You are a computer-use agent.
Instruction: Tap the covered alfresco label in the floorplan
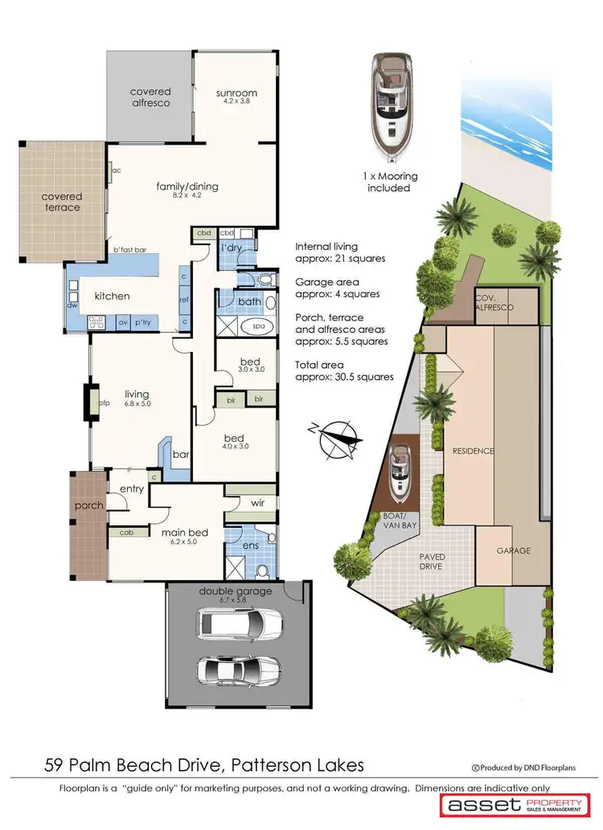150,97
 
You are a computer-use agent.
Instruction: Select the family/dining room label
187,187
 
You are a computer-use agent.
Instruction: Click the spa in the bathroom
259,327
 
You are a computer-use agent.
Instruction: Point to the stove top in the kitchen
98,323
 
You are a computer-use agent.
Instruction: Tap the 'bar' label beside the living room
181,454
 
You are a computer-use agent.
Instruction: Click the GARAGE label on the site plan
512,550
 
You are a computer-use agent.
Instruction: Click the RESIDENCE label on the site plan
473,451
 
